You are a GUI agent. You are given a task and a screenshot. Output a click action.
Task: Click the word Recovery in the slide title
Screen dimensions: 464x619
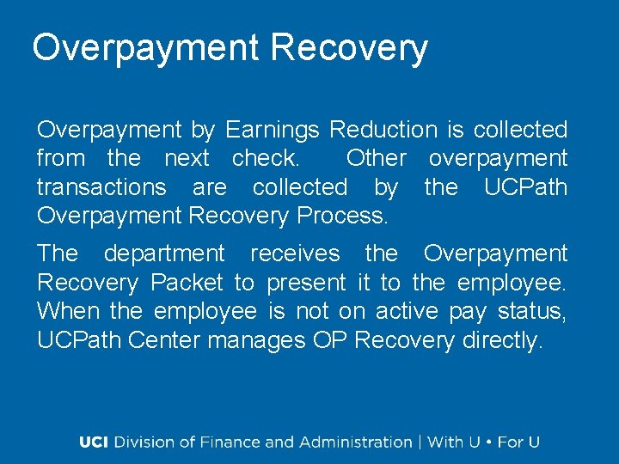pos(348,48)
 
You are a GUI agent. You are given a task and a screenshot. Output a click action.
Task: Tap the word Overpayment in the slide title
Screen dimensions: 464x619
pos(144,48)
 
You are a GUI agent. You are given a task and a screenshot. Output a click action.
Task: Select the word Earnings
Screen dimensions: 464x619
pos(272,131)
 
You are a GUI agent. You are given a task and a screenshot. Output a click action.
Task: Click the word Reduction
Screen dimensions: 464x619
pos(383,131)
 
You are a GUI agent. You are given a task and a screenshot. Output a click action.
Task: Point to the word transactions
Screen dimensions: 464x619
pos(101,187)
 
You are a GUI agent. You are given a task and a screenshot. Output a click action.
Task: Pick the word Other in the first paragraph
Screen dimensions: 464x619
pos(376,159)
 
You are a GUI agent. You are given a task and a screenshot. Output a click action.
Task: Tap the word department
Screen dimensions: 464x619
pos(163,253)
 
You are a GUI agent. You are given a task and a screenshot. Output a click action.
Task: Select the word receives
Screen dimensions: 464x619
pos(294,253)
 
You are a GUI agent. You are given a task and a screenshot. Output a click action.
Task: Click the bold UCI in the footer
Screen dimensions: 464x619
pos(95,443)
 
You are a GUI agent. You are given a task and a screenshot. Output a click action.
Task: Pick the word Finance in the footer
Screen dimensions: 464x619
pos(230,443)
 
